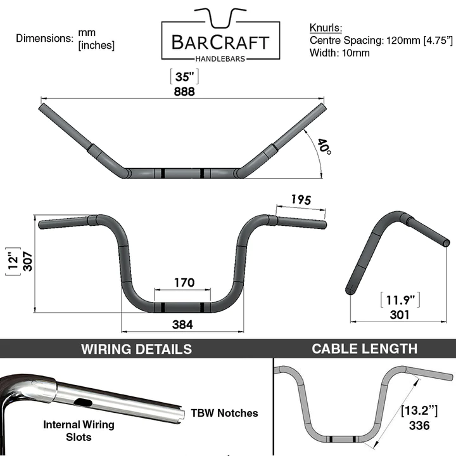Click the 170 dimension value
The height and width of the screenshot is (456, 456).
point(182,283)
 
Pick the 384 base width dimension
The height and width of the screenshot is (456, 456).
point(182,323)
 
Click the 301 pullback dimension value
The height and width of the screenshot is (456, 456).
point(400,314)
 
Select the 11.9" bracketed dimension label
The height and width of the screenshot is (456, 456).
point(400,299)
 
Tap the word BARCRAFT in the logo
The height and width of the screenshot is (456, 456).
point(220,43)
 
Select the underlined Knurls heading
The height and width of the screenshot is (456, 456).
point(326,29)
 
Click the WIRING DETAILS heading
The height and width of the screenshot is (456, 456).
point(137,349)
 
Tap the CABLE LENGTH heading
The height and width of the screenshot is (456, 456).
point(364,348)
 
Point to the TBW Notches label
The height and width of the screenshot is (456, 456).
point(224,413)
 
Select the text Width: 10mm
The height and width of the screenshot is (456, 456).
point(339,53)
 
